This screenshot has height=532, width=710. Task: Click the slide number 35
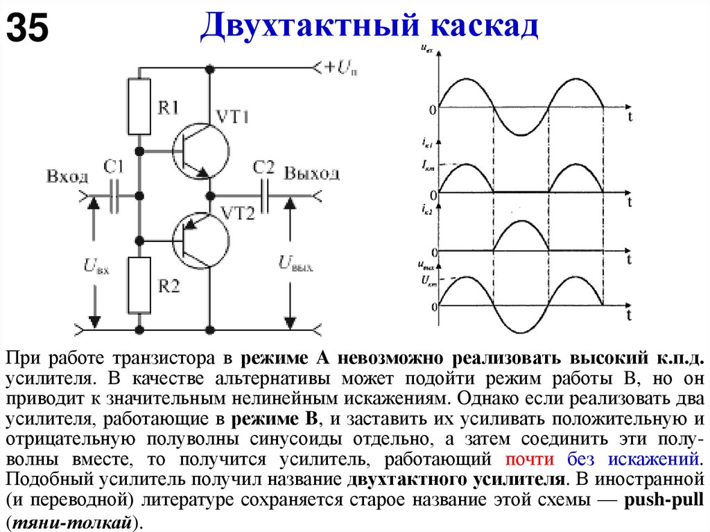(x=28, y=28)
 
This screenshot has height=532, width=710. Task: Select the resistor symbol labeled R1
(x=140, y=106)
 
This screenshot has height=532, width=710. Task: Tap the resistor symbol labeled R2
(x=140, y=284)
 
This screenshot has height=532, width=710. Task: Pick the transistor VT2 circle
(x=201, y=240)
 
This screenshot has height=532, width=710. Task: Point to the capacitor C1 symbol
(x=115, y=196)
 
